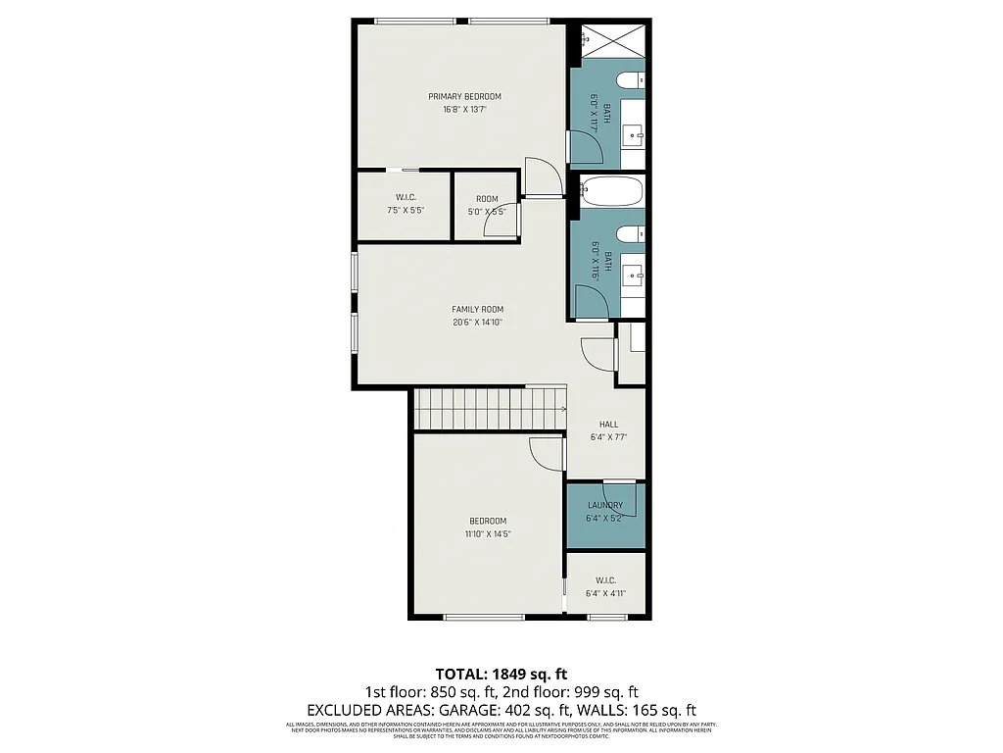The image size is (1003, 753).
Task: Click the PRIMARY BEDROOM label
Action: coord(464,96)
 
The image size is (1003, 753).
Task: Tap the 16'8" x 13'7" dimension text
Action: coord(464,110)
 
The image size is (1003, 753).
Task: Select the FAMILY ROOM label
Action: coord(477,309)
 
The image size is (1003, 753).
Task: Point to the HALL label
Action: coord(608,425)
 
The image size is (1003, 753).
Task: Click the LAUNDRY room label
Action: coord(604,505)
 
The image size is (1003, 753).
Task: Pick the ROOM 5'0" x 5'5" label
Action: coord(487,200)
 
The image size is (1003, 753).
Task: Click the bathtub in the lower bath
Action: coord(610,190)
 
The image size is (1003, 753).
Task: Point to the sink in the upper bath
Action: coord(632,133)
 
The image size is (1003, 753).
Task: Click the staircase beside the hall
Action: coord(490,408)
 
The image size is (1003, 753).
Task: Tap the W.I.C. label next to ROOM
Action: coord(406,197)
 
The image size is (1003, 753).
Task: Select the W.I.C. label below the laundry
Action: coord(604,579)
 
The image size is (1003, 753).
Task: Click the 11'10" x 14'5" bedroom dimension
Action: coord(488,534)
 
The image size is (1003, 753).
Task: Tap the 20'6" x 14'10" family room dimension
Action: coord(477,323)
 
